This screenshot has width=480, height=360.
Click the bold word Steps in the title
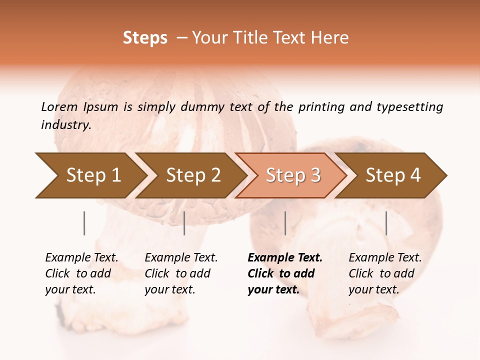coord(145,38)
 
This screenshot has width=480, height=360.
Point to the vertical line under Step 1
coord(84,223)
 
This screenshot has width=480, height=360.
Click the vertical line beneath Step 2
coord(184,223)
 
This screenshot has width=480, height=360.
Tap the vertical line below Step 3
coord(285,223)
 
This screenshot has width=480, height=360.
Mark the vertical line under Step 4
coord(386,223)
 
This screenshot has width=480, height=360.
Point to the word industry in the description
coord(65,125)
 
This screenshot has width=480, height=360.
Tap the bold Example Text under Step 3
coord(285,257)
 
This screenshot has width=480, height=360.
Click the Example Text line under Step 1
coord(81,257)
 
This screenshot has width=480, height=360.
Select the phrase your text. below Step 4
coord(373,289)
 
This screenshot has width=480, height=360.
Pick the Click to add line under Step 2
coord(177,273)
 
